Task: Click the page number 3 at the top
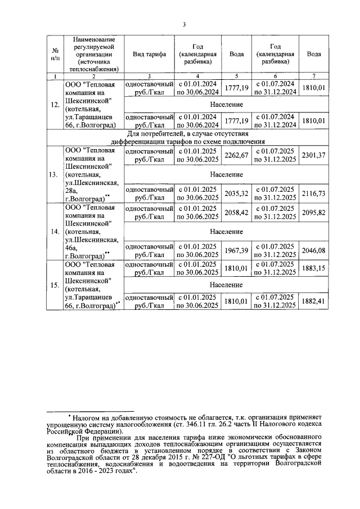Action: (183, 24)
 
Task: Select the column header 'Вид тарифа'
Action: (149, 54)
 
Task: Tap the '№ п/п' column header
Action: (55, 54)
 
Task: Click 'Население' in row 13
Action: (227, 174)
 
